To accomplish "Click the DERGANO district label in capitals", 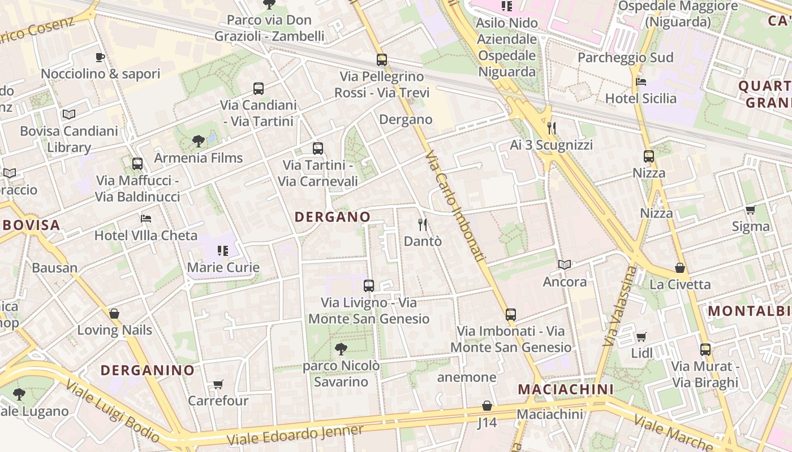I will tap(333, 216).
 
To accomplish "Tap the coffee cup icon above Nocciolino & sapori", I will tap(100, 57).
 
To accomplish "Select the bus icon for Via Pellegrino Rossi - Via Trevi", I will tap(382, 60).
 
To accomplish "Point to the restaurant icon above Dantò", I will tap(423, 225).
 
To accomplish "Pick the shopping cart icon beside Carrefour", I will tap(218, 385).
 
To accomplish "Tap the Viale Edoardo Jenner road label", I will tap(294, 434).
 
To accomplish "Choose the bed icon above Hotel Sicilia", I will tap(641, 82).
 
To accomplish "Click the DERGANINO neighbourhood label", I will tap(147, 371).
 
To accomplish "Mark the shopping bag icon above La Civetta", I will tap(680, 268).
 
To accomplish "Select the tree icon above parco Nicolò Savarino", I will tap(341, 349).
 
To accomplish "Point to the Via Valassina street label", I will tap(620, 306).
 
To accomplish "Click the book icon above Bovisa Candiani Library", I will tap(69, 115).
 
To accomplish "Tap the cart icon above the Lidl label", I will tap(642, 337).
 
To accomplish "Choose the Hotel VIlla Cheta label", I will tap(146, 236).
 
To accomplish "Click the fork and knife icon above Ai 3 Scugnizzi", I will tap(552, 128).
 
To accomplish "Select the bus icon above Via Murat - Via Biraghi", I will tap(705, 350).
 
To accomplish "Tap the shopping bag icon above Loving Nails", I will tap(114, 314).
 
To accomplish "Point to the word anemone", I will tap(467, 377).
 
